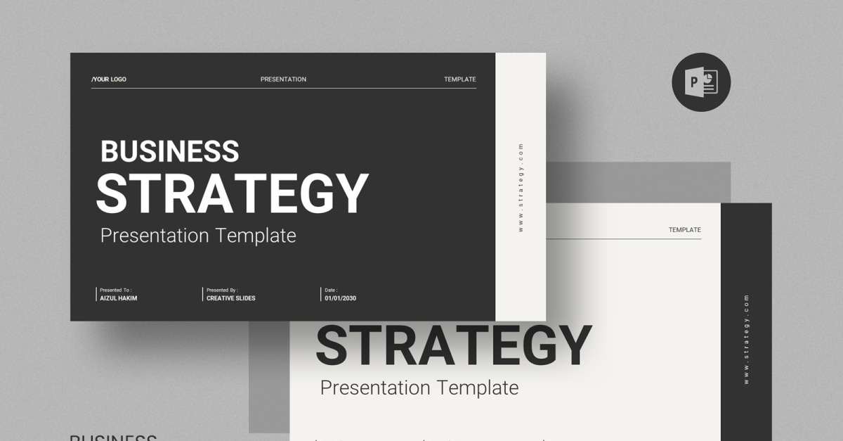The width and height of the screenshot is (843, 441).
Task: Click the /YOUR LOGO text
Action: click(109, 79)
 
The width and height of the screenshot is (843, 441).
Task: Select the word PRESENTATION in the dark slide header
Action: click(283, 79)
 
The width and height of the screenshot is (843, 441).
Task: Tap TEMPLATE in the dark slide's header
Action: click(459, 79)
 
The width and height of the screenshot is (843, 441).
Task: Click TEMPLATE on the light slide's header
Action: click(684, 230)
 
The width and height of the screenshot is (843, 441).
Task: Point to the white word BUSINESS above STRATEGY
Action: click(170, 152)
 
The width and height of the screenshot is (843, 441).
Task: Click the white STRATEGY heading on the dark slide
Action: click(232, 193)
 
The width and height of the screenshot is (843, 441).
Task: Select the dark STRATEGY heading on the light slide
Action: click(453, 345)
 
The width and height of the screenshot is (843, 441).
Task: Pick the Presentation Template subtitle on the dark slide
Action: click(198, 236)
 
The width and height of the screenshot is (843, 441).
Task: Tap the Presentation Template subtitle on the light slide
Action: click(419, 388)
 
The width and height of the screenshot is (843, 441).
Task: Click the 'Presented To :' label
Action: click(116, 290)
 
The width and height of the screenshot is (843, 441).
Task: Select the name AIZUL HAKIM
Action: click(119, 298)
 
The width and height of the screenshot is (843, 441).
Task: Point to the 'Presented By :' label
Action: click(222, 290)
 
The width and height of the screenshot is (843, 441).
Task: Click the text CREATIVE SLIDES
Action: click(231, 298)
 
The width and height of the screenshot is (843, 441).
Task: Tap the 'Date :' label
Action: click(331, 290)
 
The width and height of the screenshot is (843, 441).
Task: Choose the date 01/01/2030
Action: click(340, 298)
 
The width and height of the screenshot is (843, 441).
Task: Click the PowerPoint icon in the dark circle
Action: click(701, 82)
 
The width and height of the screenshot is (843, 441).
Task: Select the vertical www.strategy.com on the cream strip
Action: click(521, 187)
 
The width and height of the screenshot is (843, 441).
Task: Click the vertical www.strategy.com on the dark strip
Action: click(746, 339)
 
